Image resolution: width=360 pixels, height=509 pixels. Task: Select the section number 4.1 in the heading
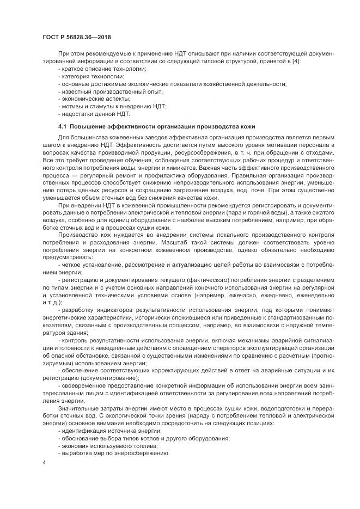(63, 126)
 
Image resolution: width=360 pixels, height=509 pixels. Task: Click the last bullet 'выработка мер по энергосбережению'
(108, 453)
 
